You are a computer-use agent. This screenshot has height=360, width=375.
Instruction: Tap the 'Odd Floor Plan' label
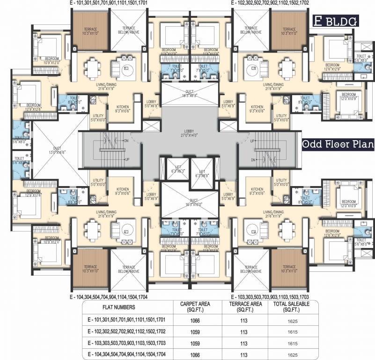(x=337, y=144)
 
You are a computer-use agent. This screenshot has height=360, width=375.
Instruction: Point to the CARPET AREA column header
(x=195, y=307)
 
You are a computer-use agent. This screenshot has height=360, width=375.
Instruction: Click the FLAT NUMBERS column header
(x=119, y=307)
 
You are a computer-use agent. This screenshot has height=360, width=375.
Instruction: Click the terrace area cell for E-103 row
(x=243, y=343)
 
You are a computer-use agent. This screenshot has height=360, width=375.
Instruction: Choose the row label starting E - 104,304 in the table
(x=123, y=354)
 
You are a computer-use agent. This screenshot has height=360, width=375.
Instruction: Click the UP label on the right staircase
(x=253, y=141)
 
